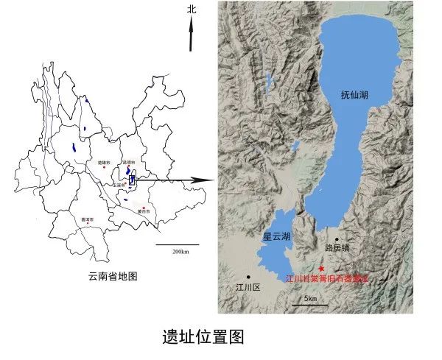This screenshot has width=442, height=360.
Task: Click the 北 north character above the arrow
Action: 192,10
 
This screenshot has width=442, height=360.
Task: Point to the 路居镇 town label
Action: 337,249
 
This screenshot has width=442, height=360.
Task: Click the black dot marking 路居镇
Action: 337,239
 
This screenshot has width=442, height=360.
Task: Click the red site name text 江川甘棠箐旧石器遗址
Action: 326,279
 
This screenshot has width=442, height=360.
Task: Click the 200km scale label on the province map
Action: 180,251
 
